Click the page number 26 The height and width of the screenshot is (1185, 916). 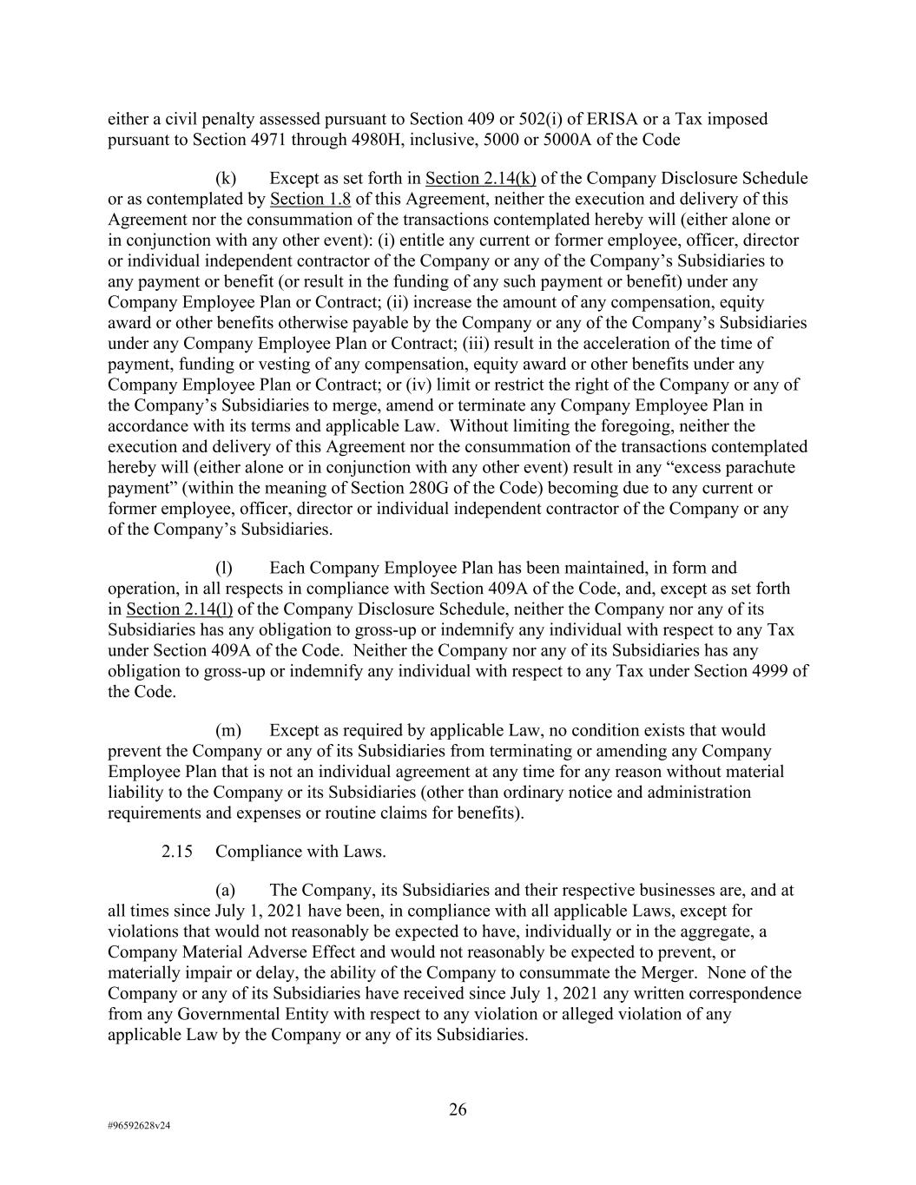coord(458,1109)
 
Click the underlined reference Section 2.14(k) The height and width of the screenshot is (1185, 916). coord(480,179)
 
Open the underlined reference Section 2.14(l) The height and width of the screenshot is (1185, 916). coord(180,609)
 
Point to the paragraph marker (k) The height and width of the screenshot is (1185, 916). coord(226,179)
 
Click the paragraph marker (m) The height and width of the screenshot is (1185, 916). coord(228,731)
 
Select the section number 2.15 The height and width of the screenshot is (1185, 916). coord(177,852)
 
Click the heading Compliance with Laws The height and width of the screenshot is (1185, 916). coord(300,852)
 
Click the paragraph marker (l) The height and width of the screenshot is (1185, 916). coord(224,569)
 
